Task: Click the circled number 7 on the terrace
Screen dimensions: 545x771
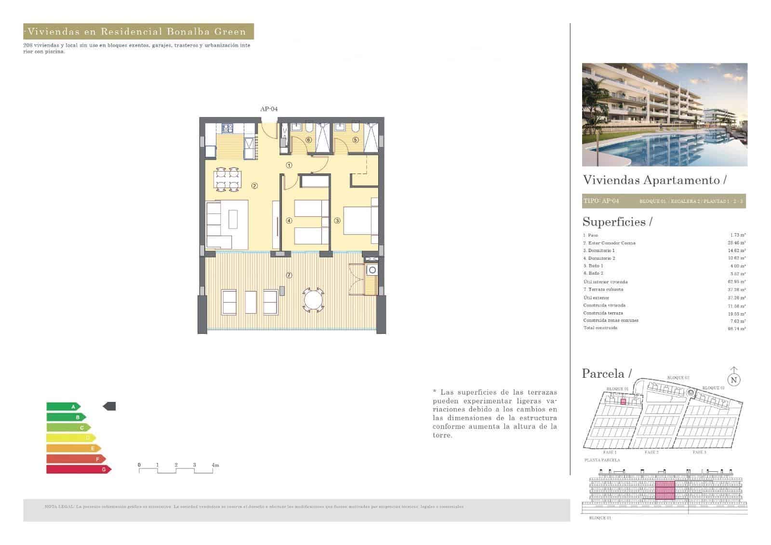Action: [289, 276]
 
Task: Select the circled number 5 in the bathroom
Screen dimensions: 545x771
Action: [356, 140]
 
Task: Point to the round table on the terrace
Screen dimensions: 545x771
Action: [314, 300]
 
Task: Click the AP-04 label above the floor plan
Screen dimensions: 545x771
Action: [269, 109]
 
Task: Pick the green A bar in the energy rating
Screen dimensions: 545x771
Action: [62, 407]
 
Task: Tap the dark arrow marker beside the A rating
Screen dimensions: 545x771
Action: [109, 407]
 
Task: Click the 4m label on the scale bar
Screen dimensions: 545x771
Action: [215, 465]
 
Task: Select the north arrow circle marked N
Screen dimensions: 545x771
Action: [733, 380]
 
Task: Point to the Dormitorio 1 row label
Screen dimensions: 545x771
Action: [599, 251]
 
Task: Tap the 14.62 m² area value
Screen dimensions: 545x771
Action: [738, 251]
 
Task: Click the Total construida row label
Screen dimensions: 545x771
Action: [600, 328]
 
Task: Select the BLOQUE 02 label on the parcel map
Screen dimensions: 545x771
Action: [678, 378]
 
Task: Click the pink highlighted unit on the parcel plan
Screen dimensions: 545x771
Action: [623, 401]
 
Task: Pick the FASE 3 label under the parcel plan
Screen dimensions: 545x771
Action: [699, 452]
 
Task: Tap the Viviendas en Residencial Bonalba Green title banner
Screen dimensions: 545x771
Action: [138, 32]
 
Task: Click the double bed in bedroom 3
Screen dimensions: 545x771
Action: [359, 221]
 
